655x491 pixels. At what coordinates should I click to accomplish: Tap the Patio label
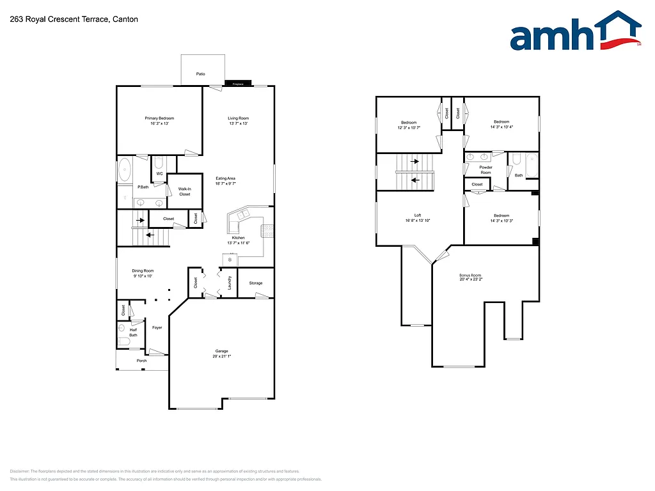[201, 74]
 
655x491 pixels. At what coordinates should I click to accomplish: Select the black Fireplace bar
[238, 84]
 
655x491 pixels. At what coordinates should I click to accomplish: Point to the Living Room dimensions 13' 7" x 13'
[238, 123]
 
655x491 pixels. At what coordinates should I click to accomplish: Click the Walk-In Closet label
[185, 191]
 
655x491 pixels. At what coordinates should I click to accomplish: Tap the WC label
[159, 174]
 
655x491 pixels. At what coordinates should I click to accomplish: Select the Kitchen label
[238, 238]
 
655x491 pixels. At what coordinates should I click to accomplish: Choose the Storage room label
[256, 283]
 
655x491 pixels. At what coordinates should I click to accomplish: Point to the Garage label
[222, 351]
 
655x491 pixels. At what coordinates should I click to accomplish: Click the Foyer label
[157, 327]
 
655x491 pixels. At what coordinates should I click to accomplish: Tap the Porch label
[142, 361]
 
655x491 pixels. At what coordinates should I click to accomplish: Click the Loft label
[418, 215]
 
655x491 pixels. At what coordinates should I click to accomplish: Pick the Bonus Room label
[470, 276]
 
